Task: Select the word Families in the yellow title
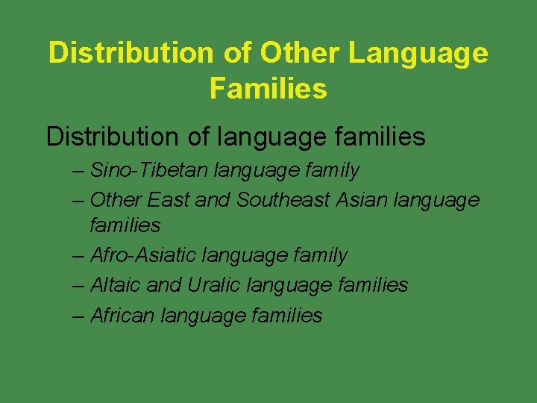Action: [268, 89]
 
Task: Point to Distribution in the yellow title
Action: [131, 54]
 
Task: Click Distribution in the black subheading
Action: [118, 137]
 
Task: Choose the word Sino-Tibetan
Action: [149, 170]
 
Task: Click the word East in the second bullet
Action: [169, 200]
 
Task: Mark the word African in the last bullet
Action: [122, 316]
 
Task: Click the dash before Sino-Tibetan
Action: [80, 171]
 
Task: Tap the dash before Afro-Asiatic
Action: [80, 256]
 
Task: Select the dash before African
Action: [80, 316]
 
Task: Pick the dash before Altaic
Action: [80, 286]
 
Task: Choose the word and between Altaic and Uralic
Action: [166, 285]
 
